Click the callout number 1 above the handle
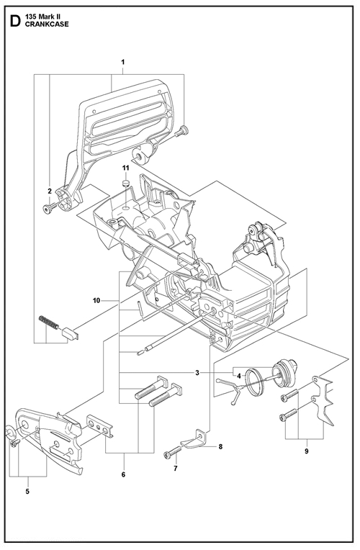pos(123,62)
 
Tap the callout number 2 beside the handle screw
pos(50,191)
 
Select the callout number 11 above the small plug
pos(125,168)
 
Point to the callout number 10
pos(96,300)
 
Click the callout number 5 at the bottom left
pos(27,492)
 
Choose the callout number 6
pos(123,474)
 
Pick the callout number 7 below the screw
pos(176,468)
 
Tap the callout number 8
pos(220,446)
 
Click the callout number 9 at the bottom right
pos(306,451)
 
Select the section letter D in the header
pos(14,21)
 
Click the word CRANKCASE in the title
pos(47,24)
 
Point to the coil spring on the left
pos(49,323)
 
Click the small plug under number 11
pos(125,183)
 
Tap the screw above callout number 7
pos(172,452)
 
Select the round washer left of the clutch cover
pos(11,433)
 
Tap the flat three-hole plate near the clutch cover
pos(100,426)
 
